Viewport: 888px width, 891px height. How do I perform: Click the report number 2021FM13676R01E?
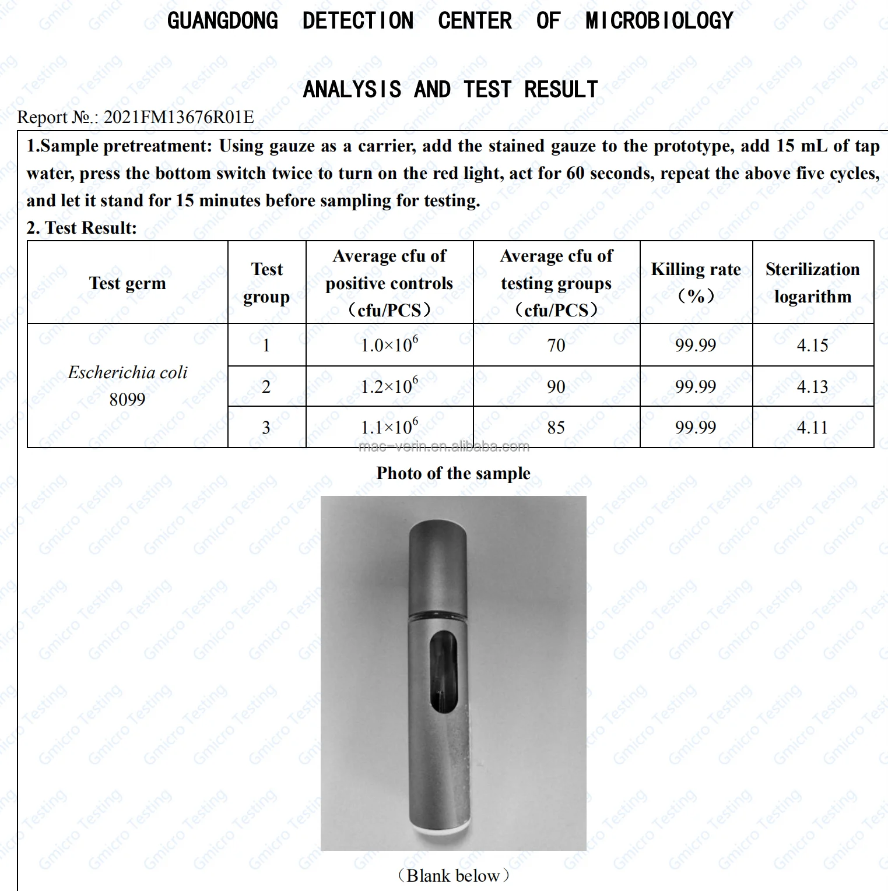(178, 117)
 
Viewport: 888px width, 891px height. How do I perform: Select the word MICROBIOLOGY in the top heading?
(659, 22)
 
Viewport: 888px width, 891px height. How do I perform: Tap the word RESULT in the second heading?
(561, 90)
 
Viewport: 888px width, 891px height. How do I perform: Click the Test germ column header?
(127, 283)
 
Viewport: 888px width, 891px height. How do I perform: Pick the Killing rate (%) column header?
(696, 283)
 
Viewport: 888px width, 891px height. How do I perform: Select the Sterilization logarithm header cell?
(812, 283)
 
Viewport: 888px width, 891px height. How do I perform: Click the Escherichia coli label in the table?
(128, 372)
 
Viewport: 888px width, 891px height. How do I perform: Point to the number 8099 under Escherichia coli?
(127, 400)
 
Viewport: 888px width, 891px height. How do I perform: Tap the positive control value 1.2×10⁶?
(389, 386)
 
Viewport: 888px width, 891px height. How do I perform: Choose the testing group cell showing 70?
(556, 346)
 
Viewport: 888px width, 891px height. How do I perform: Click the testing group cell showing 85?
(556, 428)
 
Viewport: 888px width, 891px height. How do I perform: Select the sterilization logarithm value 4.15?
(812, 346)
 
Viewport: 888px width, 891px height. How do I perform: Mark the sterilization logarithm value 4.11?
(812, 428)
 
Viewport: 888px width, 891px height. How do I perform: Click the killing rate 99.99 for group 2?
(695, 386)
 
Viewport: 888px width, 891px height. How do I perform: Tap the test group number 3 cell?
(266, 428)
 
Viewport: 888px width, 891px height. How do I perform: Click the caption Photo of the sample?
(453, 473)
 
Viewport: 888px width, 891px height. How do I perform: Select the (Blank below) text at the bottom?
(453, 875)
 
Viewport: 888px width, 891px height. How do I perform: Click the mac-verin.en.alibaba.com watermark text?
(444, 447)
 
